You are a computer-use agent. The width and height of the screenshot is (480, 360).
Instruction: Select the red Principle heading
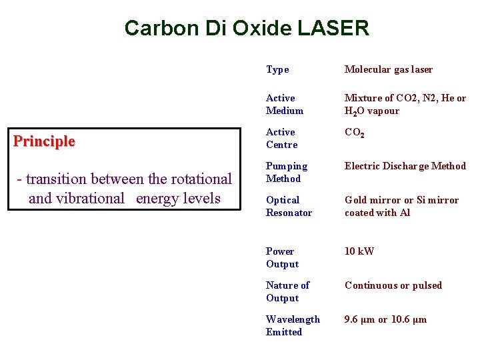tap(45, 141)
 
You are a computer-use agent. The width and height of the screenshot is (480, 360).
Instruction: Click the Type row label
tap(277, 69)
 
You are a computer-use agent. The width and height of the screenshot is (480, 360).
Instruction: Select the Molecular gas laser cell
tap(388, 69)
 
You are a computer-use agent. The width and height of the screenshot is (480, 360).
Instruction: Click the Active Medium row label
tap(284, 104)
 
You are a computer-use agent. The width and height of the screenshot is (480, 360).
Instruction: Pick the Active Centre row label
tap(281, 138)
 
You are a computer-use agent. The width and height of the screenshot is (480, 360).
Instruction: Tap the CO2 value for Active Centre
tap(354, 133)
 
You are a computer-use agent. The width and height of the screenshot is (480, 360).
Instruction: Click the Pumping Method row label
tap(287, 172)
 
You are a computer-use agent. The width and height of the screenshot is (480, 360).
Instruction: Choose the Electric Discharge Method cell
tap(405, 166)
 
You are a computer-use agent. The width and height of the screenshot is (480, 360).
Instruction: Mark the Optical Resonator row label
tap(288, 206)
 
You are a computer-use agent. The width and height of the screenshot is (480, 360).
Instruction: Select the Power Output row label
tap(282, 257)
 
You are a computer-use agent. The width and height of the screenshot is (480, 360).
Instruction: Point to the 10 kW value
tap(359, 251)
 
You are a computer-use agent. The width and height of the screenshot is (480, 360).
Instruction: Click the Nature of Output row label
tap(287, 291)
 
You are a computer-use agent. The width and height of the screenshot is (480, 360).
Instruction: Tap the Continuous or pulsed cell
tap(393, 285)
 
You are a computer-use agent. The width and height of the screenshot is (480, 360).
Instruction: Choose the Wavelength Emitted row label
tap(292, 325)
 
